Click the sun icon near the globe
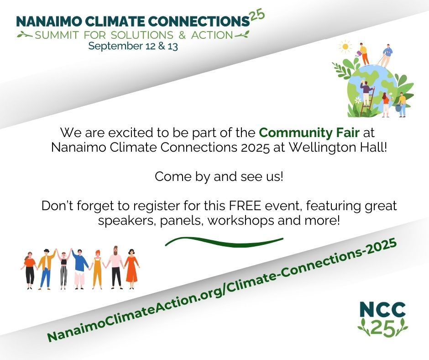(x=345, y=47)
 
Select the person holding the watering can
(x=363, y=53)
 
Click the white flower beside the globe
(x=358, y=100)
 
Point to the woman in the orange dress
(x=131, y=269)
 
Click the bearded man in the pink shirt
(x=116, y=267)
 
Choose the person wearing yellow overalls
(x=97, y=270)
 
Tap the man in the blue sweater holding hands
(x=79, y=269)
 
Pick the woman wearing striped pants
(x=63, y=270)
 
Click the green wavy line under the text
(x=224, y=242)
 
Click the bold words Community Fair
(x=309, y=132)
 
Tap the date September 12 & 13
(x=133, y=46)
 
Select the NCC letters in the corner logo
(x=382, y=310)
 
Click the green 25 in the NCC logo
(x=383, y=328)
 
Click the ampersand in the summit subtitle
(x=182, y=35)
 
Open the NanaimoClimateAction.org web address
(x=222, y=291)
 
